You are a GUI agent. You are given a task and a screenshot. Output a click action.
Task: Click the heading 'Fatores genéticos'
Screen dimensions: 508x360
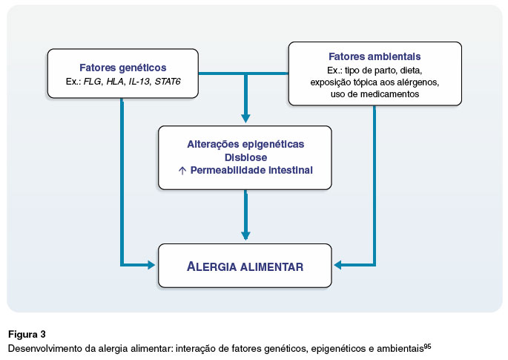pos(123,68)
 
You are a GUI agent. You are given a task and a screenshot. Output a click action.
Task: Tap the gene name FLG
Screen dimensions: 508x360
pos(93,82)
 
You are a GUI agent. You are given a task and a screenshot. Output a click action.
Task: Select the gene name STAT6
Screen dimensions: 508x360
pos(168,82)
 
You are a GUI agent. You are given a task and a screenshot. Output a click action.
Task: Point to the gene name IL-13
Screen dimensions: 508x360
pos(139,82)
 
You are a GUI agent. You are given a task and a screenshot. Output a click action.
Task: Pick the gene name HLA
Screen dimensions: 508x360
pos(115,82)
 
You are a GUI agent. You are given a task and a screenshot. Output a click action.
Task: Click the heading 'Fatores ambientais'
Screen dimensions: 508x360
pos(375,56)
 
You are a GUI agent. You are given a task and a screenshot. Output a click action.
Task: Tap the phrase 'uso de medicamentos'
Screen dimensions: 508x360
pos(375,94)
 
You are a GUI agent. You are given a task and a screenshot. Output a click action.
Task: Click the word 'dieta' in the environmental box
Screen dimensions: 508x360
pos(411,71)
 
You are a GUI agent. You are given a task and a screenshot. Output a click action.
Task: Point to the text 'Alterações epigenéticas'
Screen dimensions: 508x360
pos(245,144)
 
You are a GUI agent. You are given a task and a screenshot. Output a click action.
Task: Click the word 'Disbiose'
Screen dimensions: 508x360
pos(246,157)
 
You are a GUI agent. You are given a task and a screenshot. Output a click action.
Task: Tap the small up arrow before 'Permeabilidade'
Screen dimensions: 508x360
pos(182,171)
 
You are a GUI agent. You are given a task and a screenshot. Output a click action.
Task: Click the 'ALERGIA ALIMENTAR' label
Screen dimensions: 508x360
pos(245,266)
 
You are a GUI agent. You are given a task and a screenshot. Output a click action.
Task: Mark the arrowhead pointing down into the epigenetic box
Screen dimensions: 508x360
pos(245,118)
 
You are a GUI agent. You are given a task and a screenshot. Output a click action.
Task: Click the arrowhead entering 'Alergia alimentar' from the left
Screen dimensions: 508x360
pos(151,265)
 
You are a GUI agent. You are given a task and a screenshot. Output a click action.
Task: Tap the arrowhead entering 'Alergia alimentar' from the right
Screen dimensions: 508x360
pos(338,265)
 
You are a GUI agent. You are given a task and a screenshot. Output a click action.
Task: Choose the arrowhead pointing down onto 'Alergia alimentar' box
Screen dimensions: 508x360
pos(245,235)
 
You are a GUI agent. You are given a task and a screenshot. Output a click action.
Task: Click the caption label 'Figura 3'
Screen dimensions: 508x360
pos(27,334)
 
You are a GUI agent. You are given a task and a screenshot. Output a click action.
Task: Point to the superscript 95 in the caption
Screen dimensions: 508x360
pos(427,347)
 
